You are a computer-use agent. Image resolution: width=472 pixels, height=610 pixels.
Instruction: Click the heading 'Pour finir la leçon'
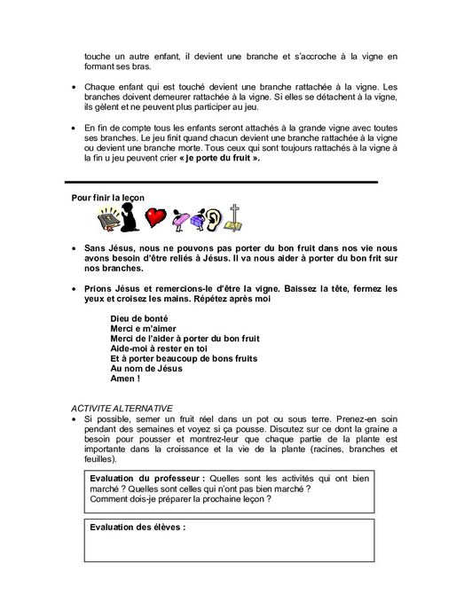[108, 197]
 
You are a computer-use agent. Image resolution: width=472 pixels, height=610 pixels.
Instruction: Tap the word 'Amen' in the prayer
[127, 379]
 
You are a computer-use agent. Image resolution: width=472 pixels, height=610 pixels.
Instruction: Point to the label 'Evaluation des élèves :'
[138, 527]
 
